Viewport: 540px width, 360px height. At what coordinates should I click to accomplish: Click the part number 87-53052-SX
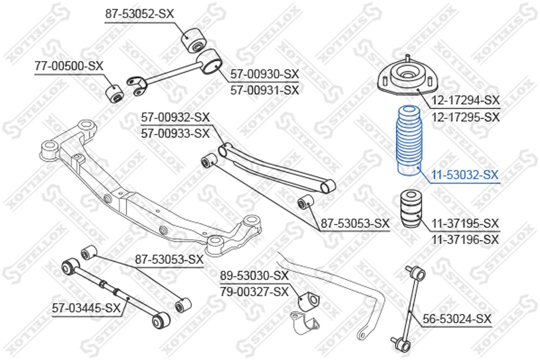(139, 14)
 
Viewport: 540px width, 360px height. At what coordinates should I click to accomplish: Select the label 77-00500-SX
(69, 66)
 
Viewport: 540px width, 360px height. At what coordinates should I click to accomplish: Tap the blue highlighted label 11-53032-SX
(465, 175)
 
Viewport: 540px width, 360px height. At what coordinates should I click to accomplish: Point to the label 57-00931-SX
(265, 90)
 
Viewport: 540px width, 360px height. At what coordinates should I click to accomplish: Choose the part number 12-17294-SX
(465, 100)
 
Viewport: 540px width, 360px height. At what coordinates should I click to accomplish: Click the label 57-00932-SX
(175, 117)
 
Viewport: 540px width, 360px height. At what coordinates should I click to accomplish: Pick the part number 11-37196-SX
(465, 239)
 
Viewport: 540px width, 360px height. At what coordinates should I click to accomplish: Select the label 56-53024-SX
(457, 318)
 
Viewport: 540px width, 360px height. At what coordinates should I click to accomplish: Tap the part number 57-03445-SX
(86, 307)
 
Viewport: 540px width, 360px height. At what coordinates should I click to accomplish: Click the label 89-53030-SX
(254, 276)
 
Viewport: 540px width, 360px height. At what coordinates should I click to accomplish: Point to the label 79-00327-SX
(254, 292)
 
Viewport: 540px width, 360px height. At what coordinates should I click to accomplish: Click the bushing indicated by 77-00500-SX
(113, 93)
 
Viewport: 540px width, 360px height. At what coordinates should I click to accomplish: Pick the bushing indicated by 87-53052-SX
(194, 40)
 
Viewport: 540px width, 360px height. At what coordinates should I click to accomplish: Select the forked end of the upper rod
(137, 85)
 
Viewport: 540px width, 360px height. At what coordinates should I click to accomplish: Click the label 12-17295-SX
(465, 117)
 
